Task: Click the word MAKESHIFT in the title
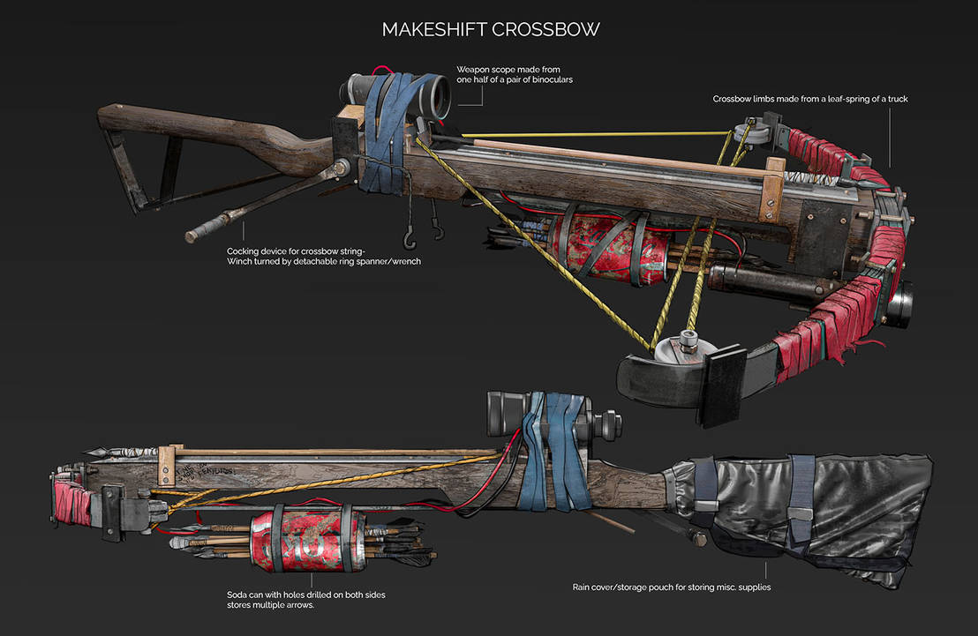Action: (x=430, y=29)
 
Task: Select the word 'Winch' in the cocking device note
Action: (x=244, y=261)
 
